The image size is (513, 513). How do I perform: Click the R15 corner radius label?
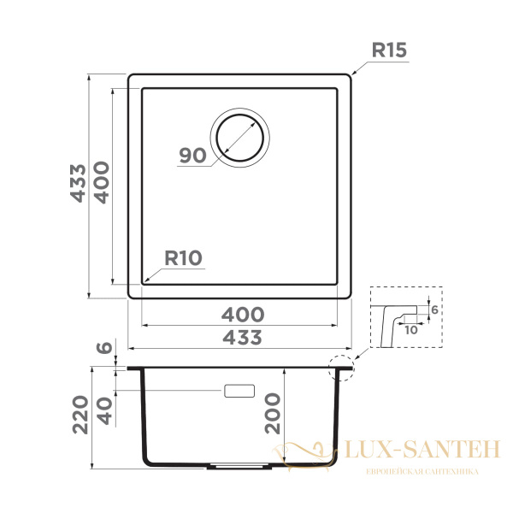(389, 50)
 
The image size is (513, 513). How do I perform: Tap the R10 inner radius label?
(183, 258)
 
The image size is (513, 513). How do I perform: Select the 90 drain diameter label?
(192, 155)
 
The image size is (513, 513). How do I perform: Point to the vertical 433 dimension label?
(78, 183)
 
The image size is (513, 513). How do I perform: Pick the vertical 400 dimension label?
(102, 183)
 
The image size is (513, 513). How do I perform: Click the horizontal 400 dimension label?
(243, 315)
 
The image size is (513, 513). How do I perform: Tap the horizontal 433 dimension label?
(242, 338)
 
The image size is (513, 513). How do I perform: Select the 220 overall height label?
(80, 415)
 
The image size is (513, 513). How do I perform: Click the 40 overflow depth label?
(104, 411)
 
